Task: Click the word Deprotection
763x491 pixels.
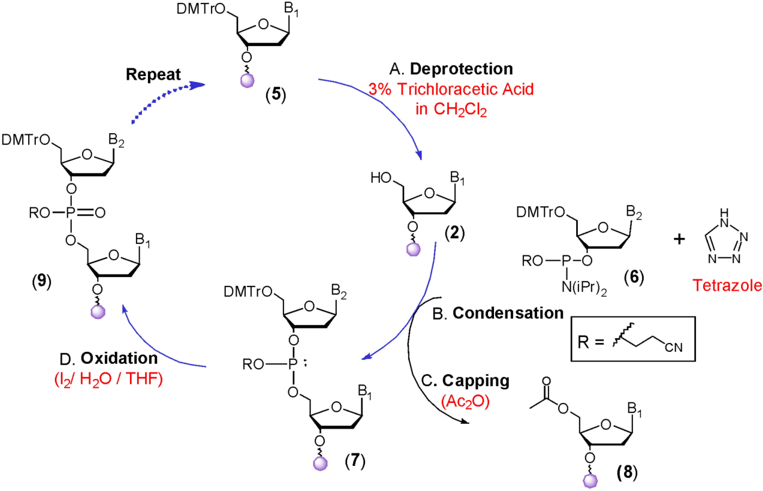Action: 461,69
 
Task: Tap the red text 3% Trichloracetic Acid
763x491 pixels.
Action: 451,89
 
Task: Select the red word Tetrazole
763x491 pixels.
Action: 727,285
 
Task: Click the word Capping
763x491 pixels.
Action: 475,381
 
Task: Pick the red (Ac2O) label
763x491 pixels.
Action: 465,401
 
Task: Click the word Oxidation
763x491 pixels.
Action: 119,358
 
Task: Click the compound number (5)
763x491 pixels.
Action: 276,95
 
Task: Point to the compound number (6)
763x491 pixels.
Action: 634,277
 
